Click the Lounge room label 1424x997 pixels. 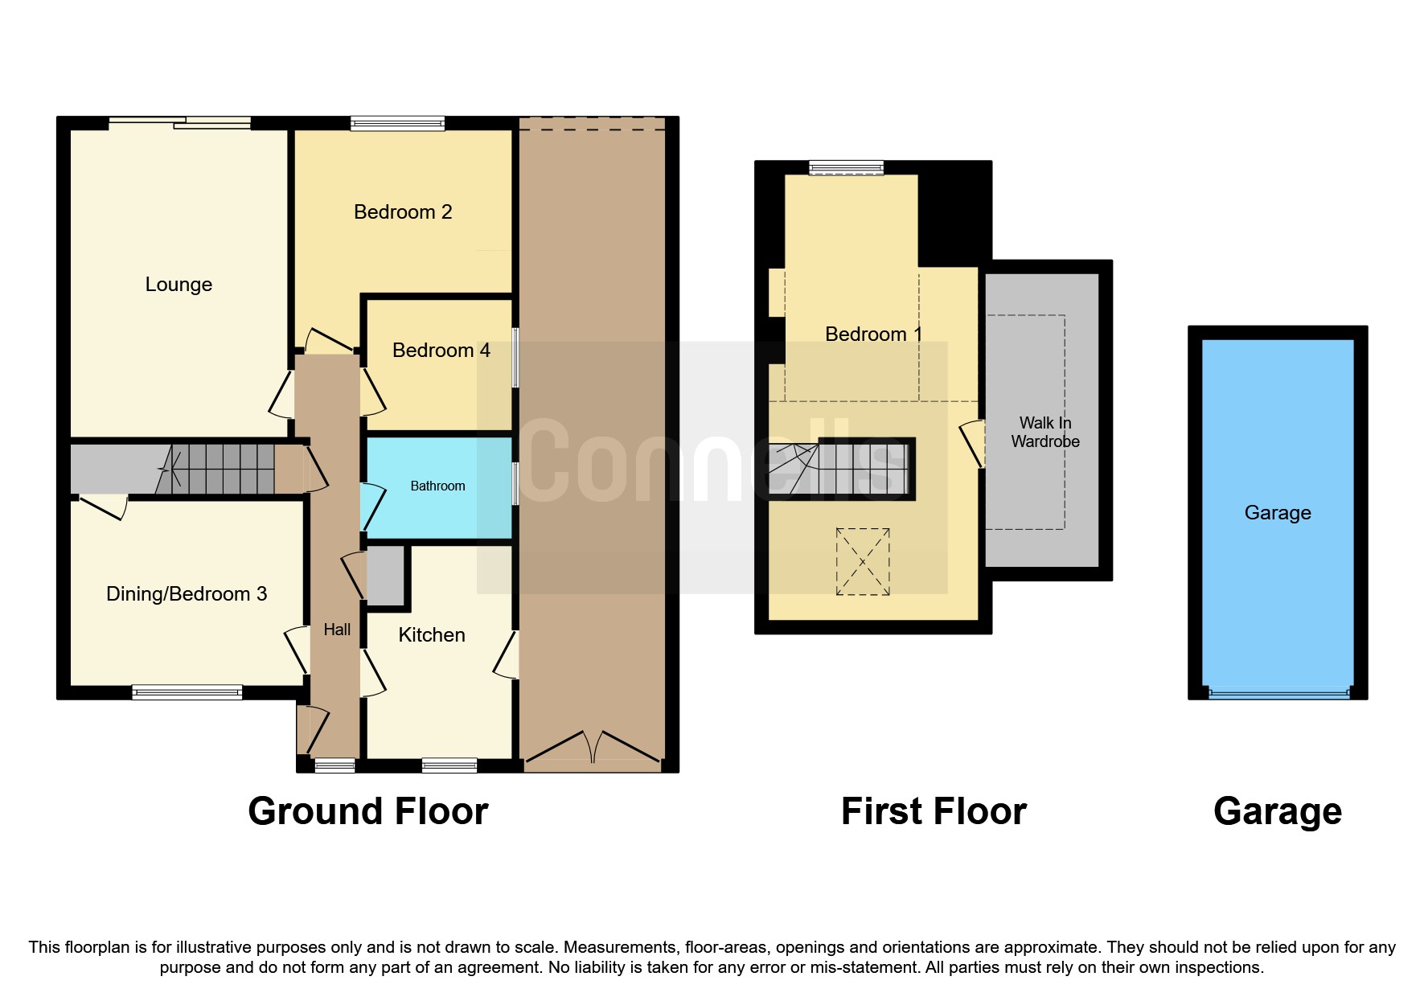coord(179,285)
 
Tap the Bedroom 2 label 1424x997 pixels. coord(403,212)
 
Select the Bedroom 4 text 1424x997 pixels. coord(441,351)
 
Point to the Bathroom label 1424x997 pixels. coord(437,486)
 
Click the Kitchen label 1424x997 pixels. coord(432,635)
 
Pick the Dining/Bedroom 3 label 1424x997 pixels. coord(187,594)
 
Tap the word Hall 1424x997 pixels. coord(337,630)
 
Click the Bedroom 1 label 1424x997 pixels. coord(873,334)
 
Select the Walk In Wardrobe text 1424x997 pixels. coord(1045,432)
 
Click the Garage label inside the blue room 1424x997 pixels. coord(1278,513)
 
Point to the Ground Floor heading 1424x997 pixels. coord(368,811)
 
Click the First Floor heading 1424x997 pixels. coord(934,811)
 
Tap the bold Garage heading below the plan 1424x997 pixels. coord(1278,812)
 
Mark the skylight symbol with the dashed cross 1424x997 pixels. coord(863,561)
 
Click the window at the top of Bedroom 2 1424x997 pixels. coord(398,124)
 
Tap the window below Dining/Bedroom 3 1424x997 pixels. coord(187,692)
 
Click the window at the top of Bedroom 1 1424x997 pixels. coord(847,168)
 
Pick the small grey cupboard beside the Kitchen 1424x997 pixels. coord(386,576)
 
